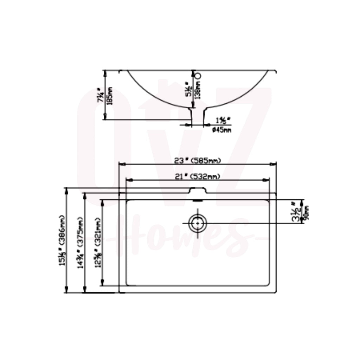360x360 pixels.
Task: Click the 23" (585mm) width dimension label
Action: point(198,161)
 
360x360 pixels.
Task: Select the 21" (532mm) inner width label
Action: point(198,177)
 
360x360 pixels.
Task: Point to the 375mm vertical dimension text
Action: point(80,243)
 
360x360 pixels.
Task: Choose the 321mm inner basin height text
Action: point(98,243)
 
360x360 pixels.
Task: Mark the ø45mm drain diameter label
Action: point(222,130)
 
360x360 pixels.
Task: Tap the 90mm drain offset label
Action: point(305,212)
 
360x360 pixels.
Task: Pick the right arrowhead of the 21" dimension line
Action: point(267,180)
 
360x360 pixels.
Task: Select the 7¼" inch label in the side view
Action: point(101,95)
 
